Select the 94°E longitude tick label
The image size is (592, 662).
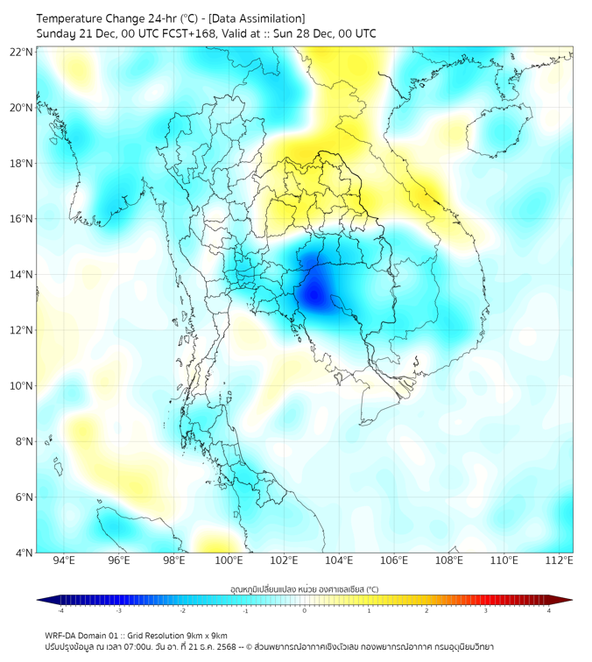pyautogui.click(x=64, y=561)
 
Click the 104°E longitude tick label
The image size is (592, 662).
pyautogui.click(x=339, y=561)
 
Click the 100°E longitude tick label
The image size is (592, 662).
pyautogui.click(x=229, y=561)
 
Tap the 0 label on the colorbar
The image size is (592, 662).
pyautogui.click(x=305, y=611)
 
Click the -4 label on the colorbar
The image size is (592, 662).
pyautogui.click(x=60, y=611)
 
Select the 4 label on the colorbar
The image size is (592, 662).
pyautogui.click(x=549, y=611)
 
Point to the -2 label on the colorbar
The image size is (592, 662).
pyautogui.click(x=181, y=611)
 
